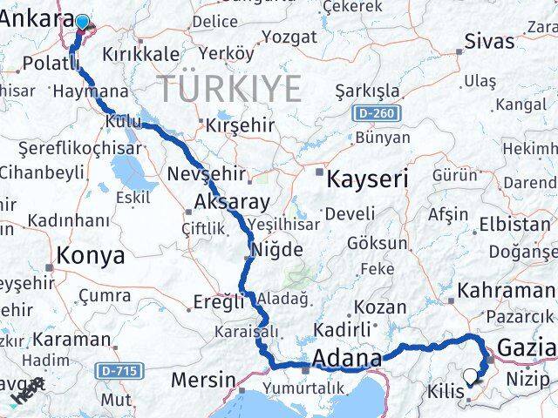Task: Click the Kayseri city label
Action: click(x=367, y=180)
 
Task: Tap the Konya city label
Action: click(x=91, y=256)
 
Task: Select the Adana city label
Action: click(x=346, y=359)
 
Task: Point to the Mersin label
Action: click(x=203, y=380)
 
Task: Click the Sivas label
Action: click(x=489, y=41)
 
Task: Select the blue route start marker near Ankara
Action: click(x=82, y=24)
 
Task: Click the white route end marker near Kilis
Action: click(x=472, y=377)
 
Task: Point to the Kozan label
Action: click(x=380, y=307)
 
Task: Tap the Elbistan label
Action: click(x=514, y=224)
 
